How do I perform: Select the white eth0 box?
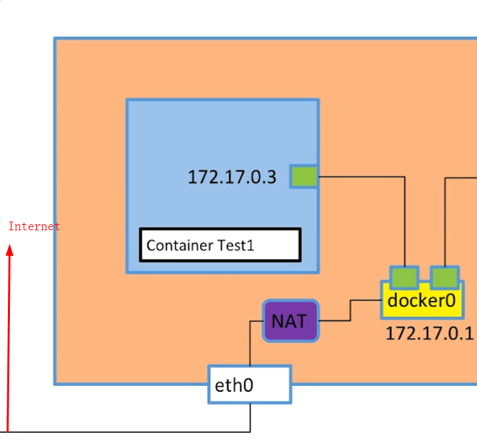[250, 384]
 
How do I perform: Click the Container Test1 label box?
[220, 245]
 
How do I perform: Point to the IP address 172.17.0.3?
[232, 177]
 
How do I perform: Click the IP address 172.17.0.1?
[429, 333]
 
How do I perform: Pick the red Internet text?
[34, 226]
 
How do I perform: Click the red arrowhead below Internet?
[10, 250]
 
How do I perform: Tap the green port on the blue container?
[304, 177]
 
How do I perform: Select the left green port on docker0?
[404, 277]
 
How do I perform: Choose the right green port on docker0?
[445, 277]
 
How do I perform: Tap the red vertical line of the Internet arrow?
[9, 344]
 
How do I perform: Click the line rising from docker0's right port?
[445, 218]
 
